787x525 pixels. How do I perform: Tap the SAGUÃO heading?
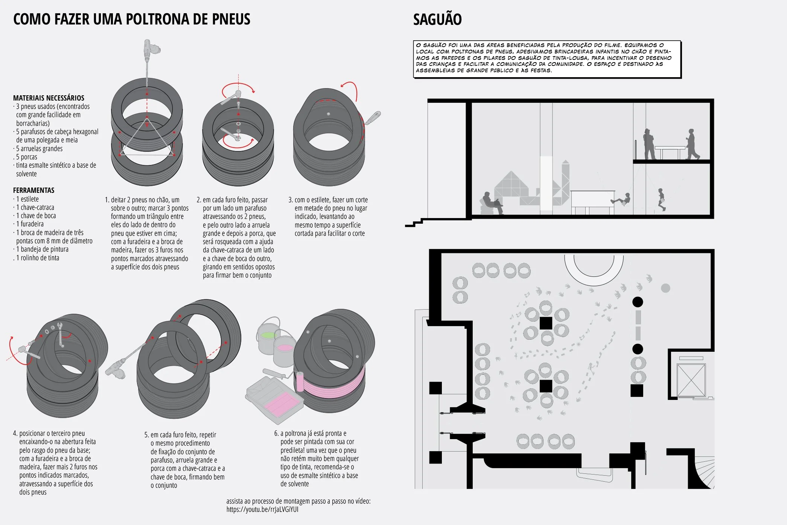tap(437, 20)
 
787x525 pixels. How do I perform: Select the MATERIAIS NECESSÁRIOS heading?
tap(49, 98)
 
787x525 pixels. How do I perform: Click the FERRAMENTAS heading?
tap(33, 190)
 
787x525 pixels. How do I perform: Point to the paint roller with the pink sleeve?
tap(300, 381)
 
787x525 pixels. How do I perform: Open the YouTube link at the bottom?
tap(262, 510)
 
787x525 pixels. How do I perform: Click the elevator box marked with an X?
tap(691, 380)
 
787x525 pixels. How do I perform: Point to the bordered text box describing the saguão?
tap(547, 59)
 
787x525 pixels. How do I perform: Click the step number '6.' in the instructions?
tap(276, 433)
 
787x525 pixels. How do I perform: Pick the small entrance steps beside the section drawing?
tap(414, 223)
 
